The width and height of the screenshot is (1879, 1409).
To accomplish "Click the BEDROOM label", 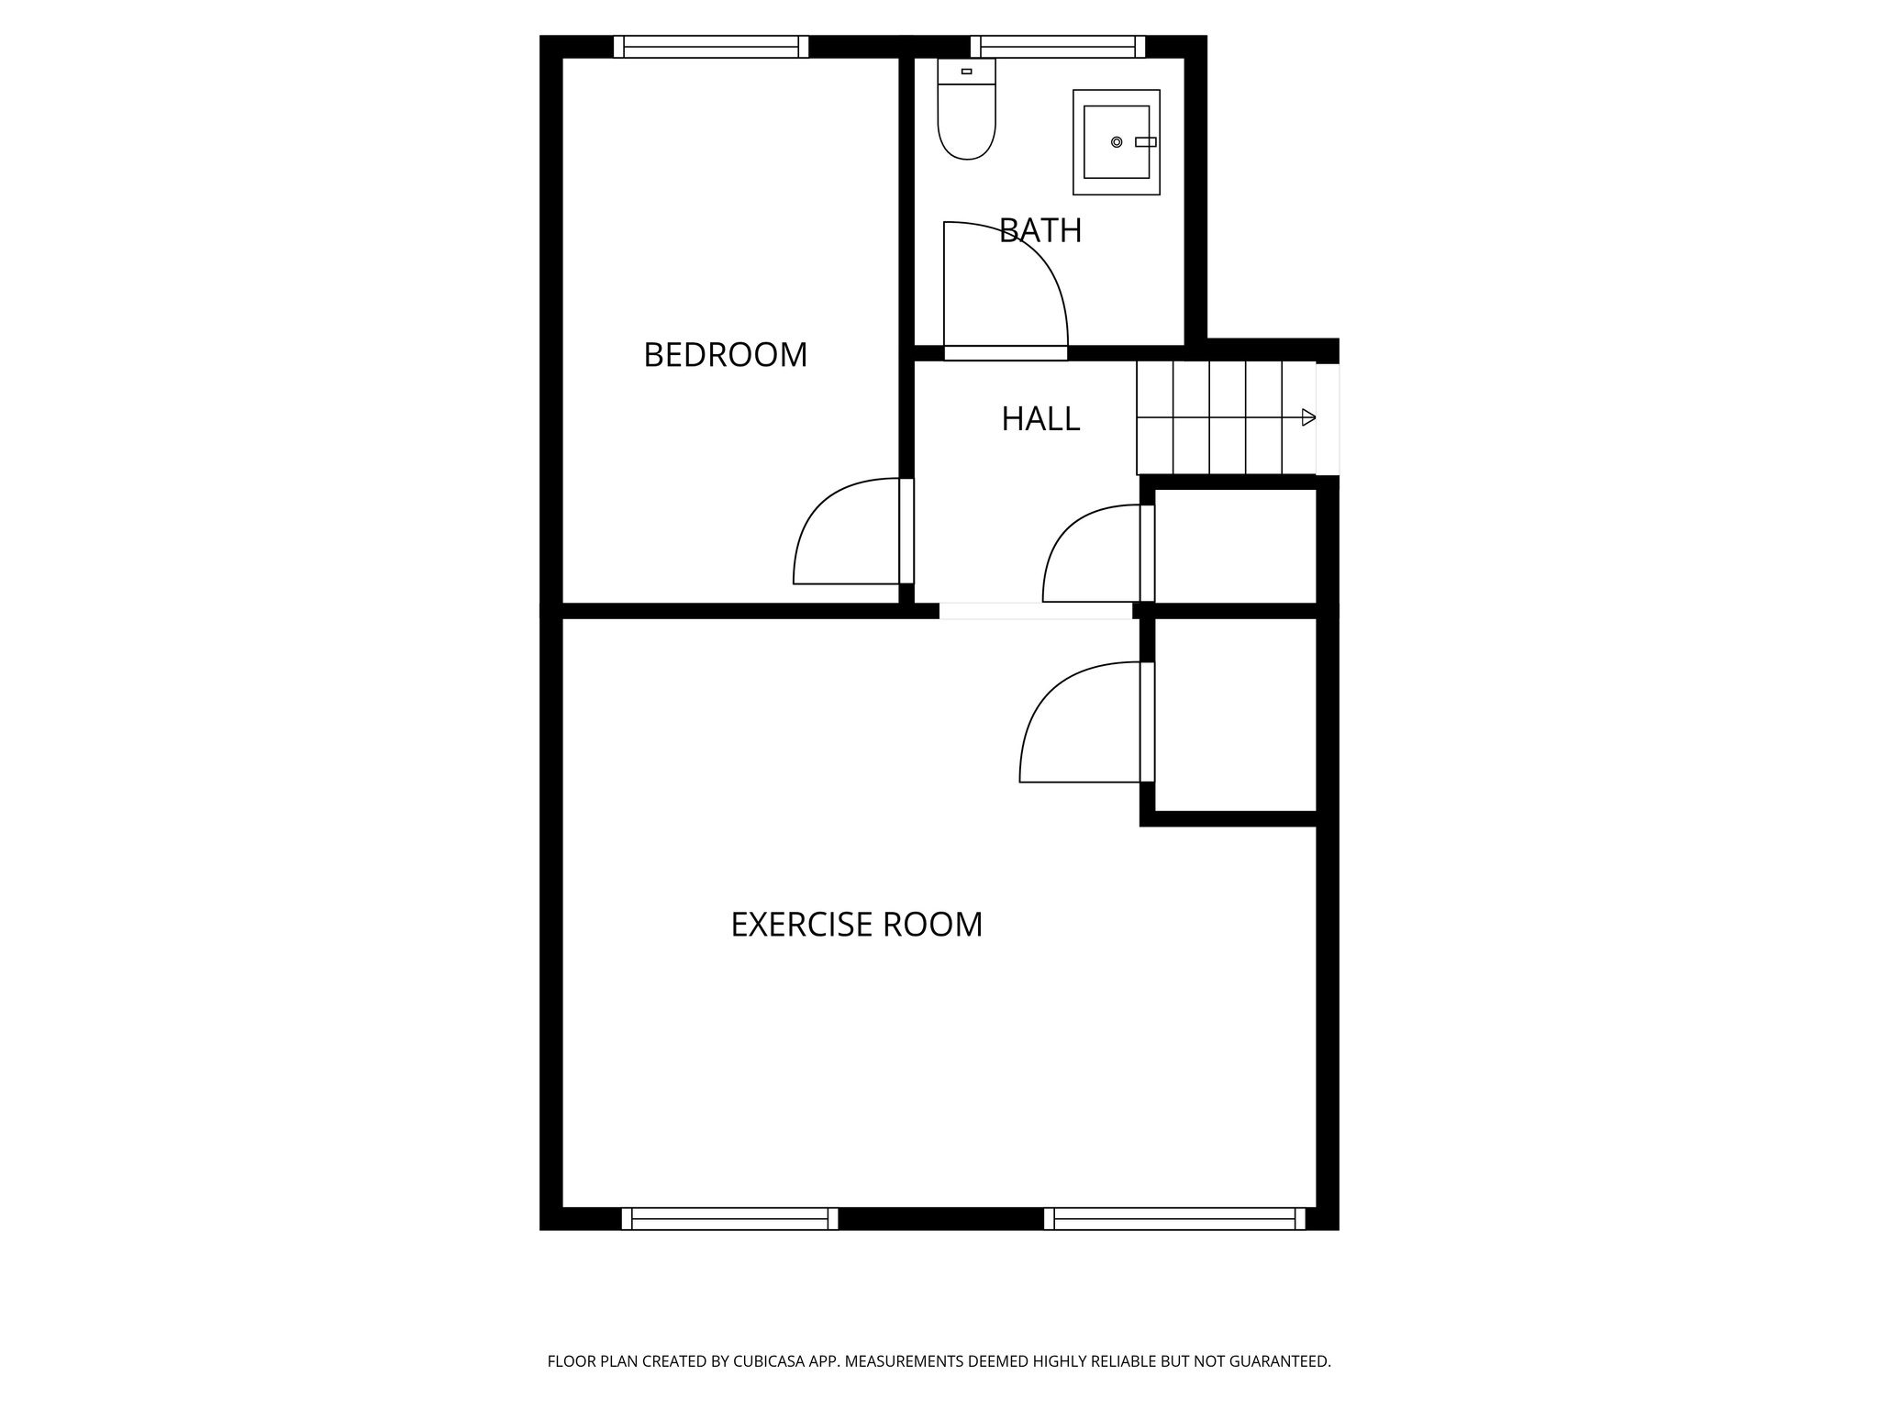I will coord(725,355).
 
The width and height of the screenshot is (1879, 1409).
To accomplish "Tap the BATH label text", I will coord(1040,230).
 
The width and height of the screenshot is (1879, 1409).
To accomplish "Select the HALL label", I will coord(1040,419).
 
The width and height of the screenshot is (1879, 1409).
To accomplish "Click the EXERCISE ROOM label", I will coord(856,925).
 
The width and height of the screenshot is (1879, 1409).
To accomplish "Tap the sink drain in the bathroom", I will coord(1116,142).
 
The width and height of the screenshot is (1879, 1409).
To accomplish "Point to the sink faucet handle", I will coord(1145,142).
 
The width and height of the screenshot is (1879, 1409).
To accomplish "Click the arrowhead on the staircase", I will coord(1308,418).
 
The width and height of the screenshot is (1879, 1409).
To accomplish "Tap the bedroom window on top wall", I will coord(711,47).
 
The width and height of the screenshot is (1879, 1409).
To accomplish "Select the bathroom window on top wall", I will coord(1058,47).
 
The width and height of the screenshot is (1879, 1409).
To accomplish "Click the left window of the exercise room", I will coord(729,1218).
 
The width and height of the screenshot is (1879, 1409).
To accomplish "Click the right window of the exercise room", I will coord(1174,1218).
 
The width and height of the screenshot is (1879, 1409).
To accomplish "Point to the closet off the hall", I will coord(1235,546).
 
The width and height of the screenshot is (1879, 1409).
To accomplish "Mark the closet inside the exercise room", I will coord(1235,715).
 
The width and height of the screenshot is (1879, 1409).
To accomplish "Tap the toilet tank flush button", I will coord(966,71).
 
